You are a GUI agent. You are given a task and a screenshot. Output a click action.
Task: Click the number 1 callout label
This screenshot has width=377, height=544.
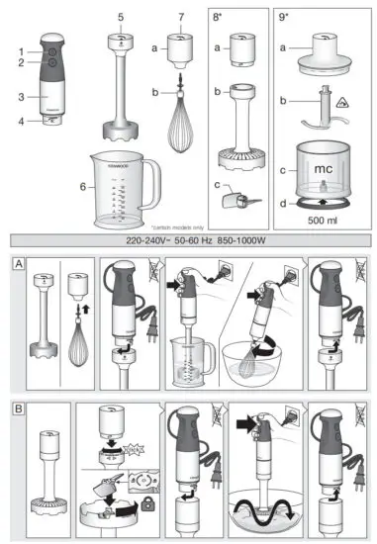coord(20,50)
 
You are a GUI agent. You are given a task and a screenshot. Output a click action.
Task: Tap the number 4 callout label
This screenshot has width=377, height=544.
coord(20,123)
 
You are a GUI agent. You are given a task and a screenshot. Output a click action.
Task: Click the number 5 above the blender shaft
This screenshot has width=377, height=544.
coord(120,17)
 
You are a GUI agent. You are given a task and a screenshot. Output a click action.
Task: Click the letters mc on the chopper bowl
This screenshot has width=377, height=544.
coord(323,168)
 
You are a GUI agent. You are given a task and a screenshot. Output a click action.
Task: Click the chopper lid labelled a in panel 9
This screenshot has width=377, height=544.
coord(322,50)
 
